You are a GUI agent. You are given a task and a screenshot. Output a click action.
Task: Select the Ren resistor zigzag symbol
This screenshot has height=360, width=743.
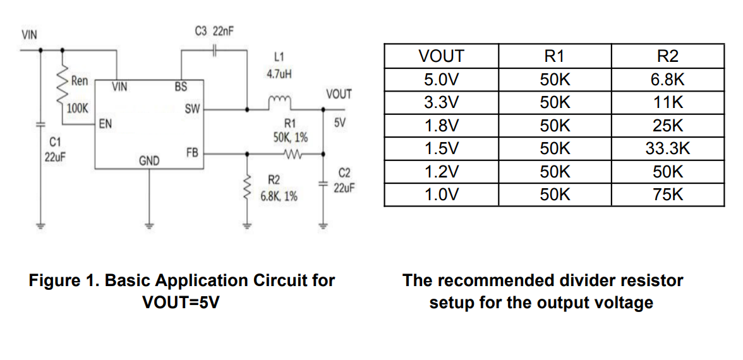[63, 81]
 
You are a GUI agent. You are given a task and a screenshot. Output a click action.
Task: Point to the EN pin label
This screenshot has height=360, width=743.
[106, 124]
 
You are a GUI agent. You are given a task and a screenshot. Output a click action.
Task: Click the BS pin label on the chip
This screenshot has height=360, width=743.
[180, 87]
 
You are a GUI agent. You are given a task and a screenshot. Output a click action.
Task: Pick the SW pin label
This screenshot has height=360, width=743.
[192, 109]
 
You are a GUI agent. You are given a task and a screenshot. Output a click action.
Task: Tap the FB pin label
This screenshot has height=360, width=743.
[193, 152]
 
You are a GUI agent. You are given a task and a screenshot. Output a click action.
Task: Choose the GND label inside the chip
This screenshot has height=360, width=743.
[148, 162]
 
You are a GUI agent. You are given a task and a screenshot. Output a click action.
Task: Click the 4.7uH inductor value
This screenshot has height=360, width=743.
[279, 74]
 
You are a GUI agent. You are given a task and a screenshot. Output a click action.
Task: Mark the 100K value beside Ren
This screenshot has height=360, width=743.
[77, 108]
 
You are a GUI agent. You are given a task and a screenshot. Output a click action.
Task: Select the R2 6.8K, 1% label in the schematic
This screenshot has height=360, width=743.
[278, 188]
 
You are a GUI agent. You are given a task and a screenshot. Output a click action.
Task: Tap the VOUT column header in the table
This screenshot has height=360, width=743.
[441, 56]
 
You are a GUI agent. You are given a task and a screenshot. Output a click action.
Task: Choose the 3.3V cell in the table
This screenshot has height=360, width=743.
[441, 102]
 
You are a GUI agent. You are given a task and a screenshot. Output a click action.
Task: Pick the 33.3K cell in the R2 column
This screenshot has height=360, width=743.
[668, 149]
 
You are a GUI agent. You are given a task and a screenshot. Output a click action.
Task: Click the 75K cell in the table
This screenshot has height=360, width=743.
[668, 195]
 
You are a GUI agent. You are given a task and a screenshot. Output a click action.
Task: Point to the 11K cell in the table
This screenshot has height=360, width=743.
[668, 102]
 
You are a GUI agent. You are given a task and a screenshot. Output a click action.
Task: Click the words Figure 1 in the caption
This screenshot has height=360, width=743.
[63, 280]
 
